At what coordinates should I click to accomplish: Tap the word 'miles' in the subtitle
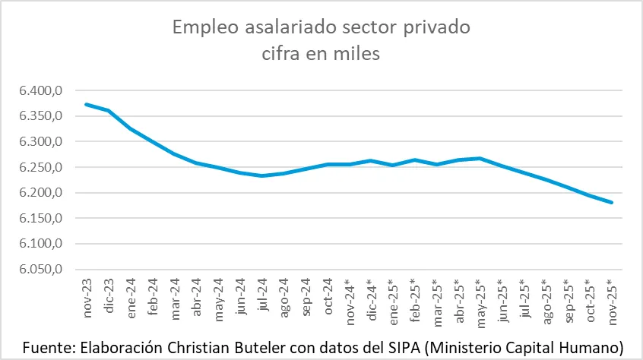click(355, 54)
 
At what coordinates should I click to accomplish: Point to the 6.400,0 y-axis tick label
click(40, 91)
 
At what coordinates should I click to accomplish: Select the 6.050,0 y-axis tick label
click(40, 270)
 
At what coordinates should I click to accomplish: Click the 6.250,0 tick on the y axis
click(40, 168)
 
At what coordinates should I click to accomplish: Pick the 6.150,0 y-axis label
click(40, 219)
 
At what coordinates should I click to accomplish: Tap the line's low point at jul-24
click(261, 175)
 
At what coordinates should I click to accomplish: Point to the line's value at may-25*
click(480, 158)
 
